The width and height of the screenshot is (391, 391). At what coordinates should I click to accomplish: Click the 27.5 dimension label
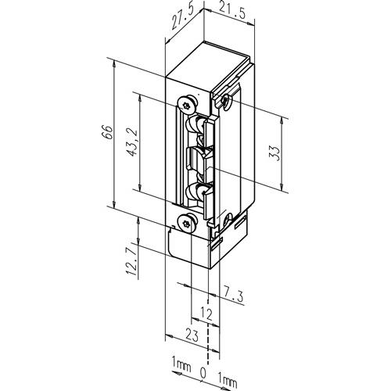click(182, 16)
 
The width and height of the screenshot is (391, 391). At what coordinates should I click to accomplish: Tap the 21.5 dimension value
click(232, 13)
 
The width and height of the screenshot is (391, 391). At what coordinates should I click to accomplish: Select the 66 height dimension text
click(108, 132)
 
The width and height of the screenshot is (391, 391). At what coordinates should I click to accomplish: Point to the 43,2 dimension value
click(133, 142)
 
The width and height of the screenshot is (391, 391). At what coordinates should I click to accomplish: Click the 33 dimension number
click(275, 153)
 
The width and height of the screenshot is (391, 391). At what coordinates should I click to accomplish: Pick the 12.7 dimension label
click(131, 262)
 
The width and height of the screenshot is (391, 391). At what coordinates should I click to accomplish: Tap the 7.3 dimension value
click(233, 295)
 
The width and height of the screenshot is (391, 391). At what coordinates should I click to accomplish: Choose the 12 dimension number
click(206, 314)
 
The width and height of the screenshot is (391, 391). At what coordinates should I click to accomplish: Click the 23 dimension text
click(192, 335)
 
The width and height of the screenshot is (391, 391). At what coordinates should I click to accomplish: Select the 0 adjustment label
click(203, 373)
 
